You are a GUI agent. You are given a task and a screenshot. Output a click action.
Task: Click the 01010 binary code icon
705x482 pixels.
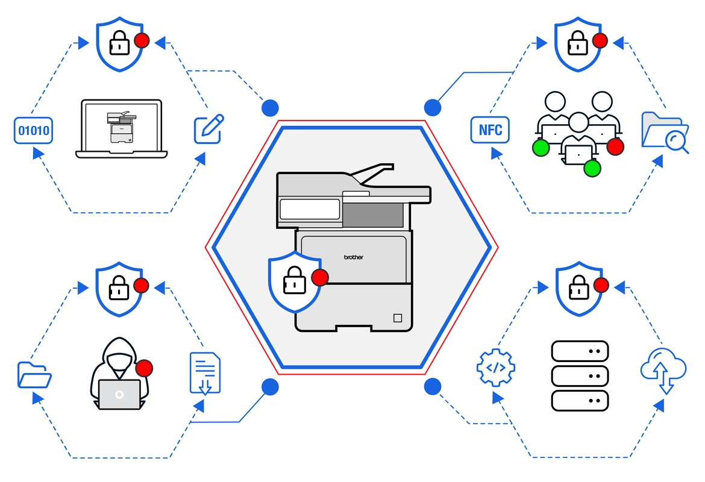point(34,130)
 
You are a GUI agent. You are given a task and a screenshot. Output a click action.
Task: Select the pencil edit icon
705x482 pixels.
point(208,128)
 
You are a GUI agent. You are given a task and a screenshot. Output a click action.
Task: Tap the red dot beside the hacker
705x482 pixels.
point(144,368)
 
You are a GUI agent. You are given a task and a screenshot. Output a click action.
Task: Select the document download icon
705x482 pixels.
point(205,373)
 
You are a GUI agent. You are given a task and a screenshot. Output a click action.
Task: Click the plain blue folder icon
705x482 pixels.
point(34,374)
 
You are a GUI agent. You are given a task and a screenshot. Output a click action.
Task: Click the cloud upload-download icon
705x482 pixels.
point(663,369)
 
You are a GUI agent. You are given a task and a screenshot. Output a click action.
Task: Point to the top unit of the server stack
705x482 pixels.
point(580,351)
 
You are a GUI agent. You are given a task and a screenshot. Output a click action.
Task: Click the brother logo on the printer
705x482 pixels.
point(354,257)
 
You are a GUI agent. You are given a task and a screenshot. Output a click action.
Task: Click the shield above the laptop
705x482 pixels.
point(119,43)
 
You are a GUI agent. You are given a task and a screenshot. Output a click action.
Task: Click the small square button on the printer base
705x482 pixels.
point(396,317)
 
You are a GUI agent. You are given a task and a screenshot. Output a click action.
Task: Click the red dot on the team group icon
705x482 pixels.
point(615,146)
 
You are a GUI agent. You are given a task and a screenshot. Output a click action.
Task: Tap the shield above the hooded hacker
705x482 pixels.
point(119,289)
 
